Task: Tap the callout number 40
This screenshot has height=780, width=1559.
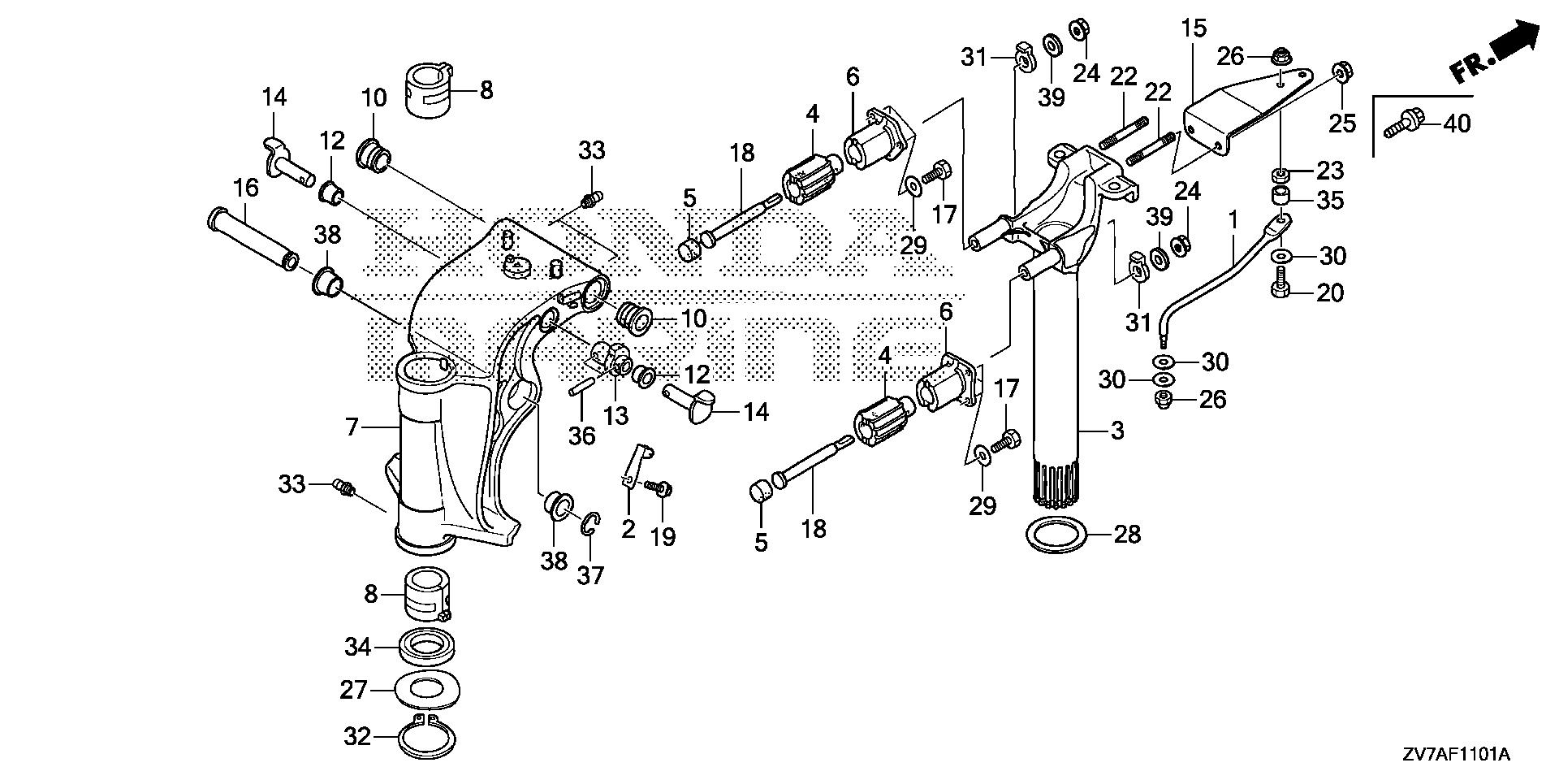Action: pyautogui.click(x=1456, y=124)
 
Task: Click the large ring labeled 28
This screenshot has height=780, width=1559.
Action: pyautogui.click(x=1054, y=534)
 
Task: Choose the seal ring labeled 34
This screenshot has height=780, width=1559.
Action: pyautogui.click(x=427, y=647)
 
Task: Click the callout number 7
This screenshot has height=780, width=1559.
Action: pyautogui.click(x=352, y=426)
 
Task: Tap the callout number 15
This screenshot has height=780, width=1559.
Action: pyautogui.click(x=1194, y=28)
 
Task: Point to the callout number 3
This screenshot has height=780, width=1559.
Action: pyautogui.click(x=1117, y=431)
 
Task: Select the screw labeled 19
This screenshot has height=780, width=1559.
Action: pyautogui.click(x=654, y=487)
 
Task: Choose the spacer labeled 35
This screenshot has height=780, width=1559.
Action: pyautogui.click(x=1281, y=198)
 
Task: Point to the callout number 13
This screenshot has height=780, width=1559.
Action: pyautogui.click(x=616, y=415)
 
